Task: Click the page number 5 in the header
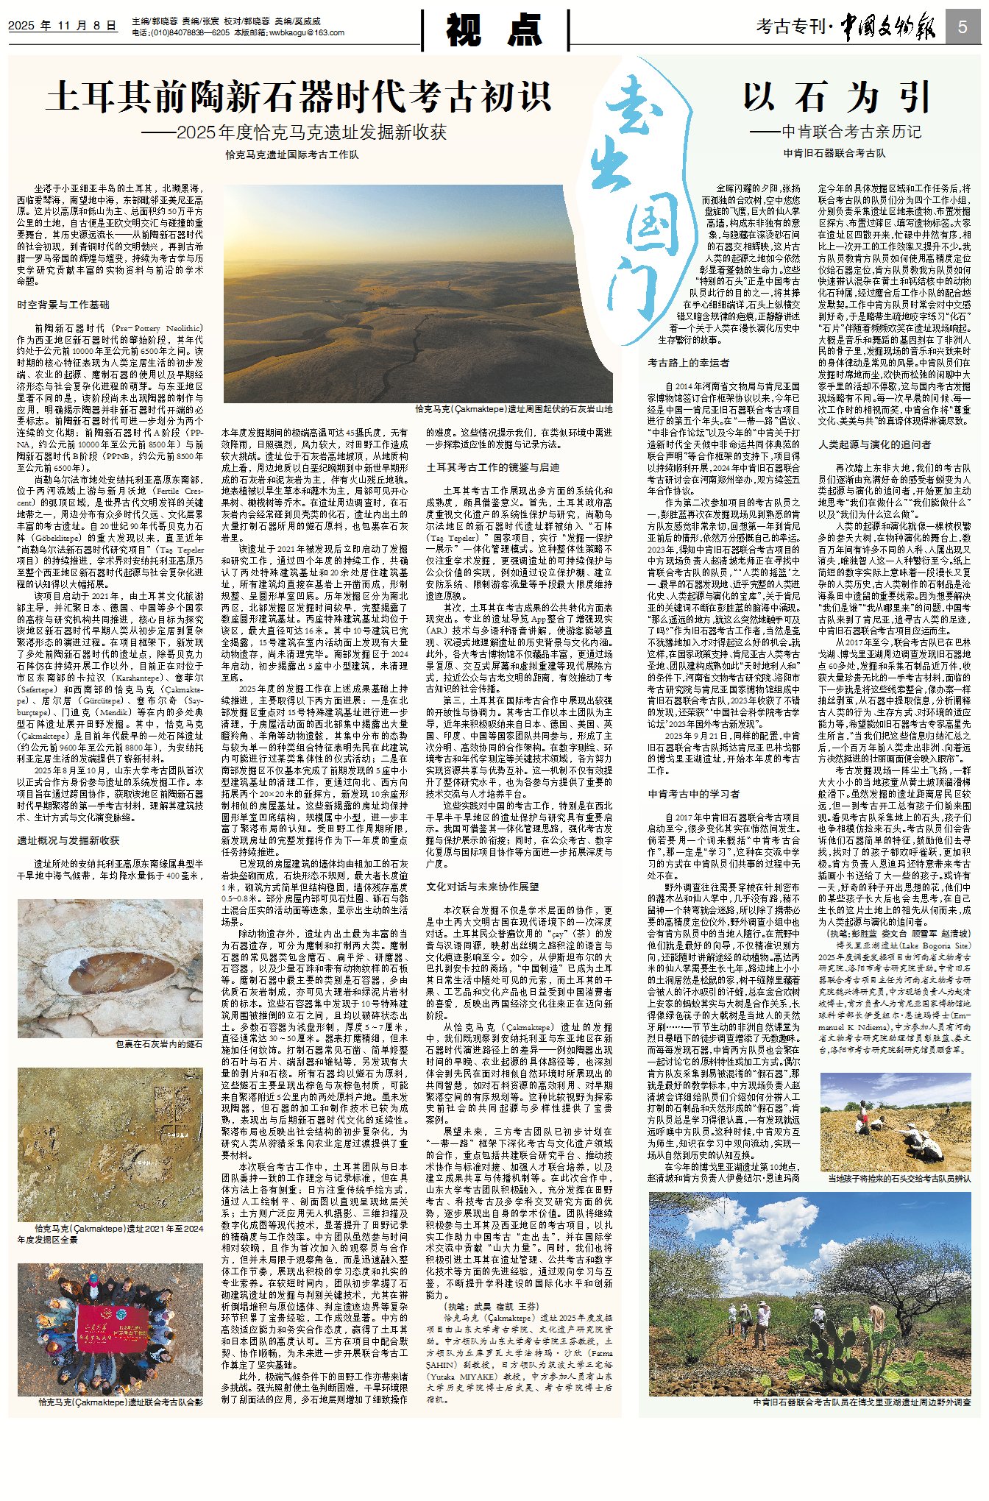(x=962, y=27)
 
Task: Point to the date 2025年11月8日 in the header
(x=63, y=26)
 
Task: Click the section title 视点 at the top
(x=494, y=30)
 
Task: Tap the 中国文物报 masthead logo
(x=889, y=27)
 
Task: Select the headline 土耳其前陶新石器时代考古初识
(x=299, y=96)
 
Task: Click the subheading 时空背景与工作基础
(x=63, y=305)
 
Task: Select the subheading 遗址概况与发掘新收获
(x=68, y=840)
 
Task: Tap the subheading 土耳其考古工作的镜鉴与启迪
(x=493, y=467)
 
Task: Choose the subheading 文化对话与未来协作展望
(x=483, y=887)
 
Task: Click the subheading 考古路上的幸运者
(x=689, y=363)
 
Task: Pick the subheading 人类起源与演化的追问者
(x=875, y=444)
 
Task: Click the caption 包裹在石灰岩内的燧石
(x=158, y=1043)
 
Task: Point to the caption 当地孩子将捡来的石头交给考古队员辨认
(x=899, y=1178)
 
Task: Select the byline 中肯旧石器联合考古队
(x=834, y=153)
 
